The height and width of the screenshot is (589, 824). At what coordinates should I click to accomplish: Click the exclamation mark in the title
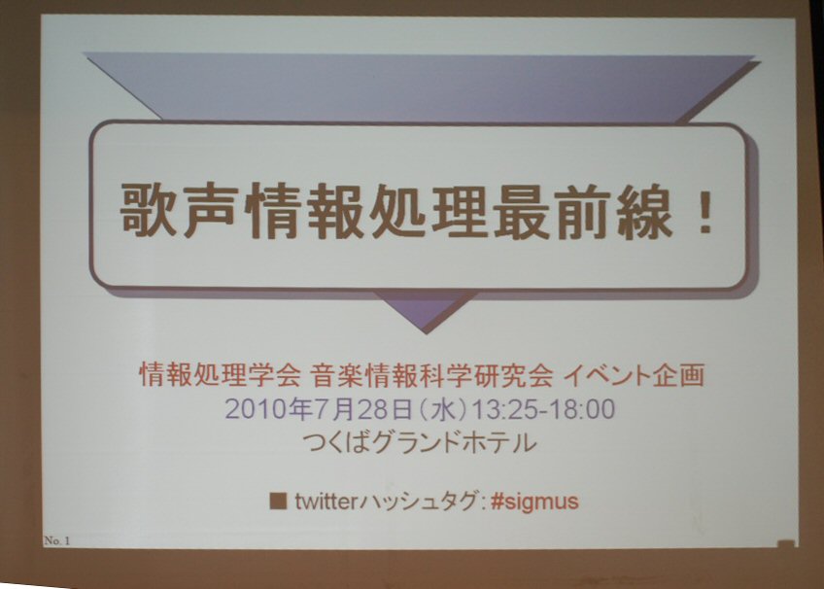[703, 212]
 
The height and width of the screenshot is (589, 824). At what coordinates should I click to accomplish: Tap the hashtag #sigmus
[534, 502]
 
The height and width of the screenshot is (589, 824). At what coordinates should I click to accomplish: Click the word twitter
[326, 502]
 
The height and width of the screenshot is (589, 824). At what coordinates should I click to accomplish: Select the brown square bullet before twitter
[278, 502]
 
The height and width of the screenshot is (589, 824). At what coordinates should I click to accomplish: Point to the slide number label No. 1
[56, 540]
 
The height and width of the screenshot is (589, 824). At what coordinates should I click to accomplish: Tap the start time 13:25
[505, 409]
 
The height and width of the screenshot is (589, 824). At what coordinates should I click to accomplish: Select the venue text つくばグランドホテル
[420, 443]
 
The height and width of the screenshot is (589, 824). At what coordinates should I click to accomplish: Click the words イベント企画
[634, 375]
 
